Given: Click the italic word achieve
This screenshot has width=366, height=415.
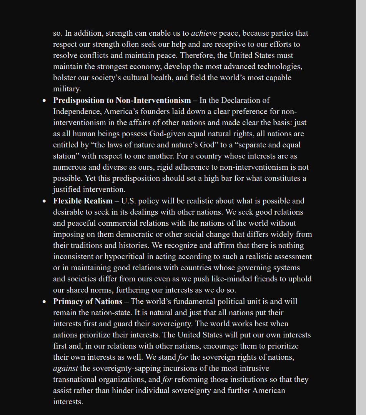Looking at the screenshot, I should tap(204, 33).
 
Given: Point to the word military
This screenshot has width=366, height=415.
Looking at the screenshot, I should tap(66, 89).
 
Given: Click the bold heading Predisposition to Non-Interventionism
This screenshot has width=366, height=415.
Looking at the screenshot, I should tap(122, 101).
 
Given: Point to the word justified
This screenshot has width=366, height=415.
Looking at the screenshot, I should tap(67, 190).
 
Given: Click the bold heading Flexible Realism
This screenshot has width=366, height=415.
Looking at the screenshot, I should tap(83, 201).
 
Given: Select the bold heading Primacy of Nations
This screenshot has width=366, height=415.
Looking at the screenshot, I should tap(88, 302).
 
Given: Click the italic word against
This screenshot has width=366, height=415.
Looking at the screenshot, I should tap(65, 369).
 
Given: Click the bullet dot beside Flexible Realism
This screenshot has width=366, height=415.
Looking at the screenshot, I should tap(45, 201).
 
